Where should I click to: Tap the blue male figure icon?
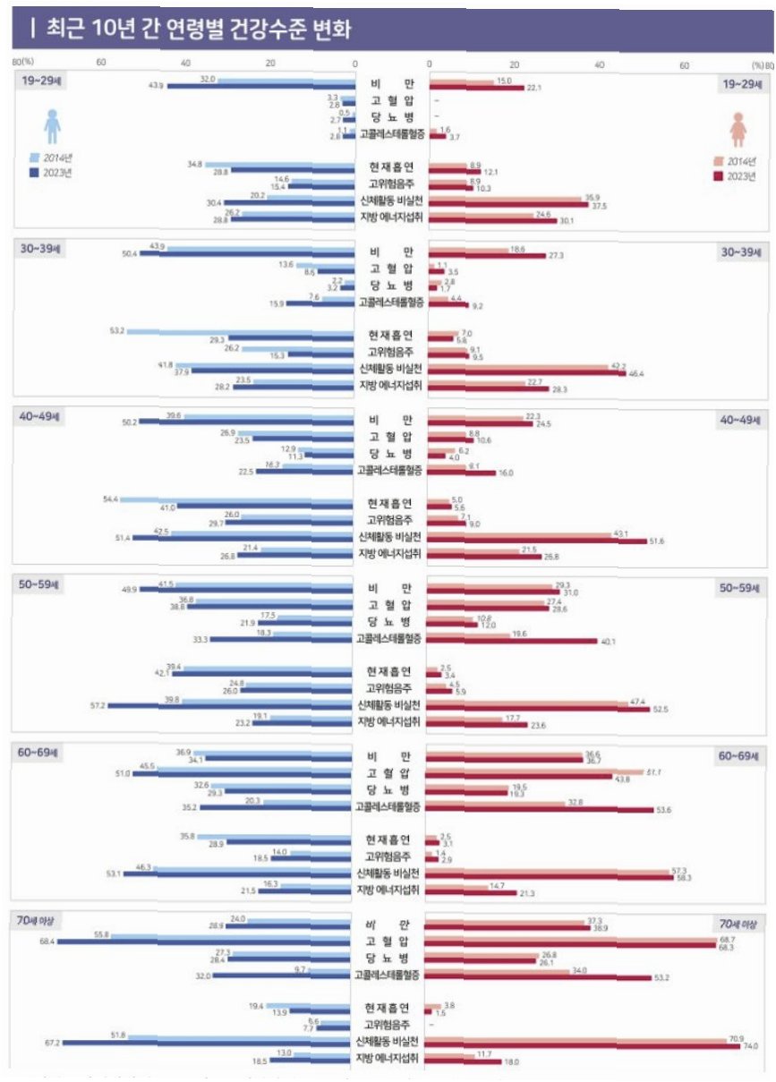click(53, 125)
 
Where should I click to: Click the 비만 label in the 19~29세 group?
click(390, 84)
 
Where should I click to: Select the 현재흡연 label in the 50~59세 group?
click(390, 671)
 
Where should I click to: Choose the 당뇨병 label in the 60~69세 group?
click(390, 789)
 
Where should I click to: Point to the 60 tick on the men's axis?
click(100, 63)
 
